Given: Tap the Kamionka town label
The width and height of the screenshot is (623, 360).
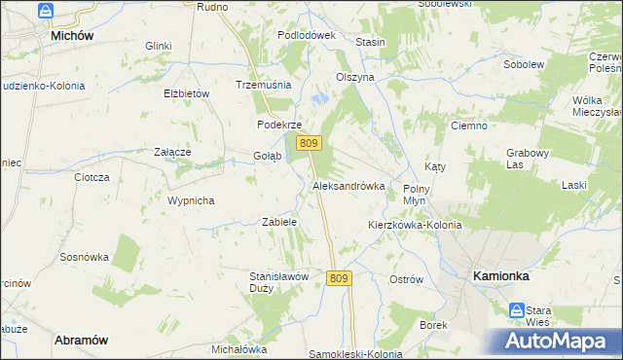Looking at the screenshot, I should [x=501, y=276].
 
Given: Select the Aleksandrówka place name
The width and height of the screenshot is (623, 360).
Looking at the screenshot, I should [x=348, y=185].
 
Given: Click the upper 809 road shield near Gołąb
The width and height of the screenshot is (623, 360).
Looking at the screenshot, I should [x=309, y=143].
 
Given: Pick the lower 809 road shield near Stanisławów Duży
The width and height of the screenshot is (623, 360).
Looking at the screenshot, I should [x=338, y=278].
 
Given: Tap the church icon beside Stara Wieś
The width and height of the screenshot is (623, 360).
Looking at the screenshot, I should [x=516, y=309].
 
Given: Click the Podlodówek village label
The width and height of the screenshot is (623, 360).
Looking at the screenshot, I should [x=306, y=34].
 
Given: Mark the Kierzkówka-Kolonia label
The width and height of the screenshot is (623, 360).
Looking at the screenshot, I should [x=415, y=225].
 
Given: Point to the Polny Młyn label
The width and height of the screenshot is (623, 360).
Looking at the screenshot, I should [x=422, y=193].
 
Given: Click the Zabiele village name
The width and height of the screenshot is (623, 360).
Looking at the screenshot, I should [x=279, y=222].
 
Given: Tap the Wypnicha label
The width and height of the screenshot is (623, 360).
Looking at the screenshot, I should [x=191, y=200].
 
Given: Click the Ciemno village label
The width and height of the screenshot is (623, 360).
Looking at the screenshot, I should [x=469, y=126].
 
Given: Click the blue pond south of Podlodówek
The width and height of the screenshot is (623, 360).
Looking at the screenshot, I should [x=320, y=97].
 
